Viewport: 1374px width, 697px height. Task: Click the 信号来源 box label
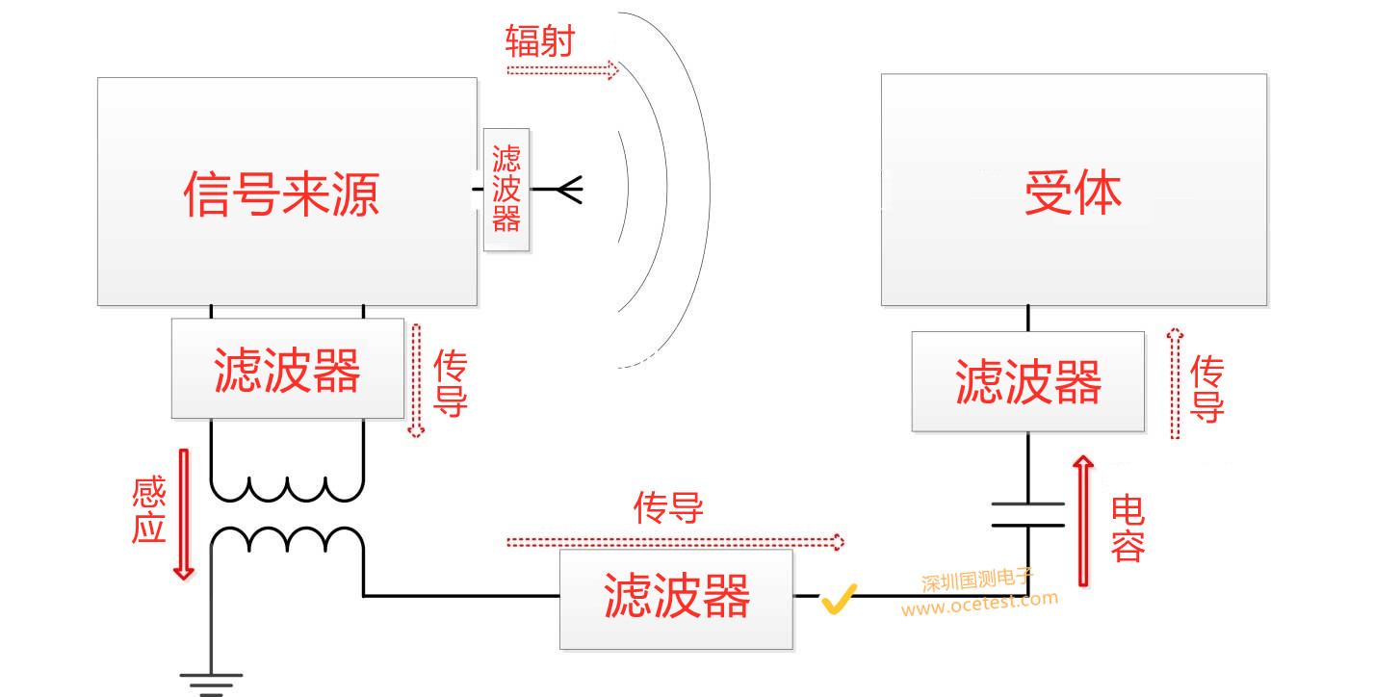coord(281,194)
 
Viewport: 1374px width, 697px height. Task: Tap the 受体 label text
coord(1073,194)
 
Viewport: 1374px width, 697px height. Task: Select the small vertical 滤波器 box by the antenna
coord(506,190)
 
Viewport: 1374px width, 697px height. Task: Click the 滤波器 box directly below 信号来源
coord(287,369)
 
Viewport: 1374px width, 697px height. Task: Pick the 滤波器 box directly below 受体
coord(1027,381)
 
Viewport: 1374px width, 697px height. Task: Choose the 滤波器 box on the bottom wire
coord(676,598)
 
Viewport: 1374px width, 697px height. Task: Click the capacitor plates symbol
coord(1027,514)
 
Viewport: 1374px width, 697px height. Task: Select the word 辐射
coord(539,41)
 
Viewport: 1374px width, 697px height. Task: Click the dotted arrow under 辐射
coord(561,70)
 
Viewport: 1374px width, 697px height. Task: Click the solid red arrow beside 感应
coord(183,514)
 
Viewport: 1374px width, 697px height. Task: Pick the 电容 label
coord(1128,528)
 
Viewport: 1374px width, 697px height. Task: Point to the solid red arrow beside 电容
coord(1084,520)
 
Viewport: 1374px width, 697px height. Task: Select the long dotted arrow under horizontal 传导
coord(674,543)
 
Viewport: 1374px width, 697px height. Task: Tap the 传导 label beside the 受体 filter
coord(1206,389)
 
